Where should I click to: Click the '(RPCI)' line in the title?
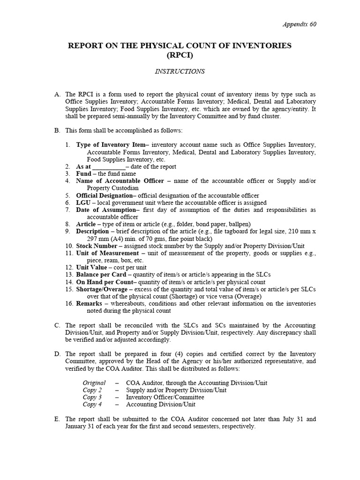180,55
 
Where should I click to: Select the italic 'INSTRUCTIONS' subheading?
180,72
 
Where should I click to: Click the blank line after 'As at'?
109,167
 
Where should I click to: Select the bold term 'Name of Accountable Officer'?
120,181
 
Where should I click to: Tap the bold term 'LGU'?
83,202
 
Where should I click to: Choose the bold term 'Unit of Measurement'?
107,253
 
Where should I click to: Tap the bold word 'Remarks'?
89,304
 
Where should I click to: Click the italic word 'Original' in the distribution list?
94,383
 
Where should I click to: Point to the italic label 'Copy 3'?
92,397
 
